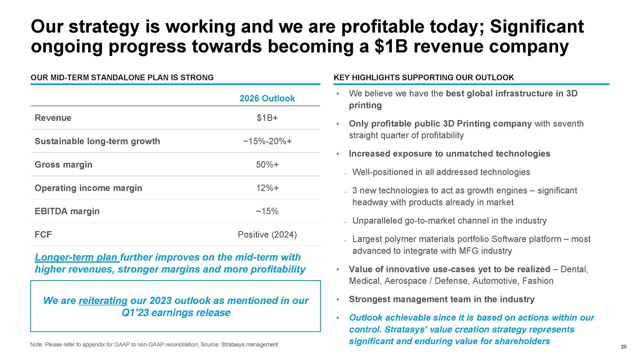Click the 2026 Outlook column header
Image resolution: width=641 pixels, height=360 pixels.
[267, 99]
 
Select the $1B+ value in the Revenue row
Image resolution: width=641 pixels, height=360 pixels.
[267, 118]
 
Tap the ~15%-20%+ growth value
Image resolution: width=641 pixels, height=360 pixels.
[267, 141]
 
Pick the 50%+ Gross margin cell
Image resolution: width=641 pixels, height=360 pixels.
[267, 165]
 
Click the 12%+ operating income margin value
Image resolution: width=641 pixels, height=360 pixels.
[267, 188]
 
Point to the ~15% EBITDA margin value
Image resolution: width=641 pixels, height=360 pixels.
[267, 211]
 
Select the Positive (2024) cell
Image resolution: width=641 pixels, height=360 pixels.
[267, 235]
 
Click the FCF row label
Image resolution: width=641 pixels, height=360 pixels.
[43, 235]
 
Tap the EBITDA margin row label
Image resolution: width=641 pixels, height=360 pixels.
[67, 211]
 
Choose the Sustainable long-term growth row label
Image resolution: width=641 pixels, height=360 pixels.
[97, 141]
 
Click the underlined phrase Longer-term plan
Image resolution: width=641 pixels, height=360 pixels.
[76, 258]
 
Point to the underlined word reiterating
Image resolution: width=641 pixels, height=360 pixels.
[103, 301]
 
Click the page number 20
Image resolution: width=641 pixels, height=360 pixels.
[623, 347]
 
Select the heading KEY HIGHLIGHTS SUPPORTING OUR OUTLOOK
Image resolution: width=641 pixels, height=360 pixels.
[423, 78]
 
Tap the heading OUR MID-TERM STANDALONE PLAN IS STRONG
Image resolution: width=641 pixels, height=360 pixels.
[122, 78]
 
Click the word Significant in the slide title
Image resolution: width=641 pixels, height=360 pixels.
[537, 26]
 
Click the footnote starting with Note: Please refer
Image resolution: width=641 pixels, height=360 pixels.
[154, 345]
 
